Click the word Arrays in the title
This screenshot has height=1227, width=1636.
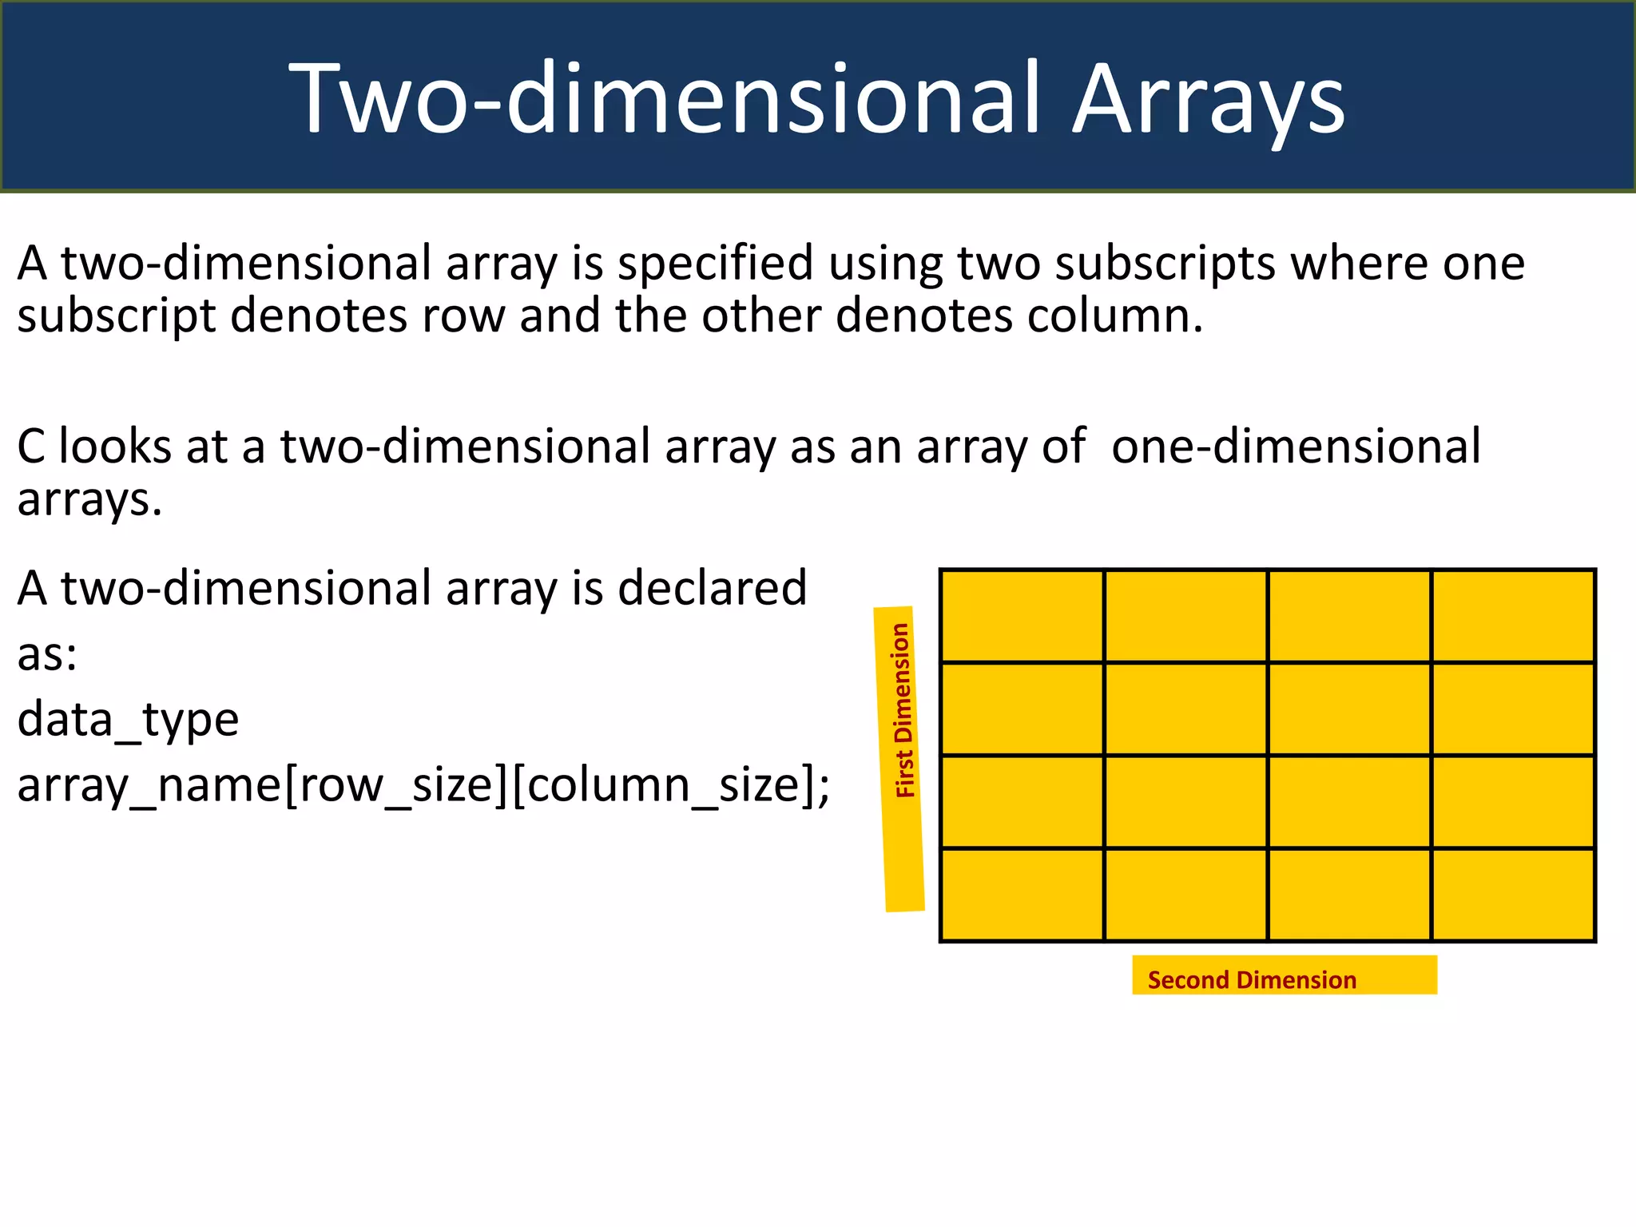pos(1208,100)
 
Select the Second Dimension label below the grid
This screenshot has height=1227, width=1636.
pos(1252,979)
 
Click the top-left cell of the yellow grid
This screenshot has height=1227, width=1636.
pos(1022,616)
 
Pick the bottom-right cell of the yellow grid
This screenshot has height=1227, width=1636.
pos(1513,895)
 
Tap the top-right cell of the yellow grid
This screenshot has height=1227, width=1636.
pos(1513,616)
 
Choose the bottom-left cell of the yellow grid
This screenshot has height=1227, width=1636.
pos(1022,895)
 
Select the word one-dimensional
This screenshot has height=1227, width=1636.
pos(1296,447)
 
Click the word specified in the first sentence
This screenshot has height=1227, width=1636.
pos(715,265)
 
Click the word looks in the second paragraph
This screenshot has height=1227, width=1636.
pos(115,447)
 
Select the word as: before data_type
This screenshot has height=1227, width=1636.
pos(47,655)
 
